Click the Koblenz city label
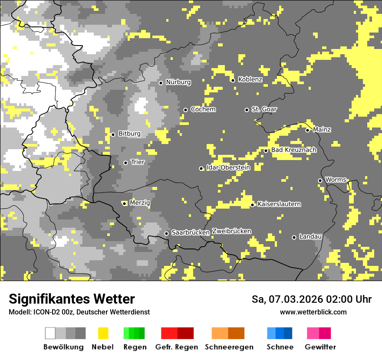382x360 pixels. click(250, 79)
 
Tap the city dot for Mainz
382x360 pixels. click(307, 130)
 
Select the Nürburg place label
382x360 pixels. click(178, 82)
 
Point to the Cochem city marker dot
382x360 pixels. click(185, 110)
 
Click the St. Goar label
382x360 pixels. click(264, 109)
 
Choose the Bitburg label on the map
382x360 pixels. click(129, 134)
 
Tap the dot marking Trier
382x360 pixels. click(125, 163)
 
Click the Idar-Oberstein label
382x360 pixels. click(228, 167)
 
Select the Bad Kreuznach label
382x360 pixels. click(293, 150)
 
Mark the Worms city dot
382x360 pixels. click(320, 180)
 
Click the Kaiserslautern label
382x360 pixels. click(279, 204)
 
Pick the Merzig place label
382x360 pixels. click(139, 203)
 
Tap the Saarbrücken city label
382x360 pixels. click(191, 232)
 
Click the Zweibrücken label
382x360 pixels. click(231, 231)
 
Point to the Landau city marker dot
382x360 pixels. click(294, 237)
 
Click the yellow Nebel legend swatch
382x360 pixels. click(103, 333)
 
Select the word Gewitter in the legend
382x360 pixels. click(320, 347)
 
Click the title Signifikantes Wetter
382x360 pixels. click(72, 299)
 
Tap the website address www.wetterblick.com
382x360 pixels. click(313, 312)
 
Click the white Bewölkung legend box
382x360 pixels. click(50, 333)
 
